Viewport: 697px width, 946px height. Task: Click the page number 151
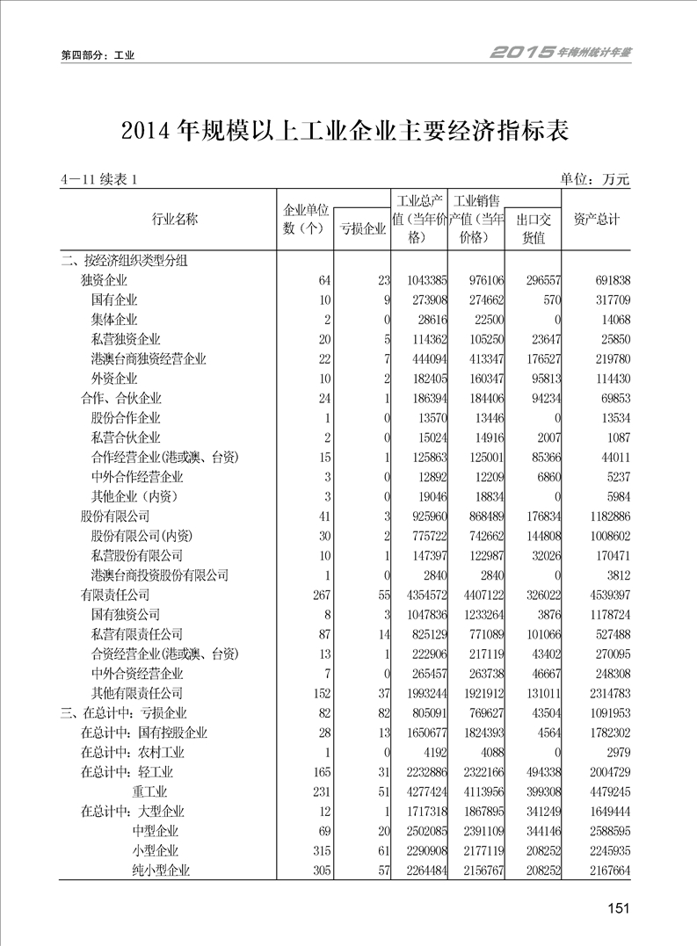click(619, 908)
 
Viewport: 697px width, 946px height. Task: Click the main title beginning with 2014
click(346, 132)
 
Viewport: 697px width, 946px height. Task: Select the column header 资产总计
click(597, 219)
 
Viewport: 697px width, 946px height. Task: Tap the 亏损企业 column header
click(362, 229)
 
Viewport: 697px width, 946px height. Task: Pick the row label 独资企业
click(104, 280)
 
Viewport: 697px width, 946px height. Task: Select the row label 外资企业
click(114, 379)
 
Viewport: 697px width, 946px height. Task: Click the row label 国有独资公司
click(126, 615)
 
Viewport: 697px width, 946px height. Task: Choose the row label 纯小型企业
click(161, 870)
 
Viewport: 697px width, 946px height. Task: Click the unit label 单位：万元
click(595, 179)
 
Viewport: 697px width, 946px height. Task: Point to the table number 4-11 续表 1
click(100, 180)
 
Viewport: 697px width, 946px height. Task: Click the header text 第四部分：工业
click(97, 55)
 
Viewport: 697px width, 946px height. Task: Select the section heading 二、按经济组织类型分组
click(123, 260)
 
